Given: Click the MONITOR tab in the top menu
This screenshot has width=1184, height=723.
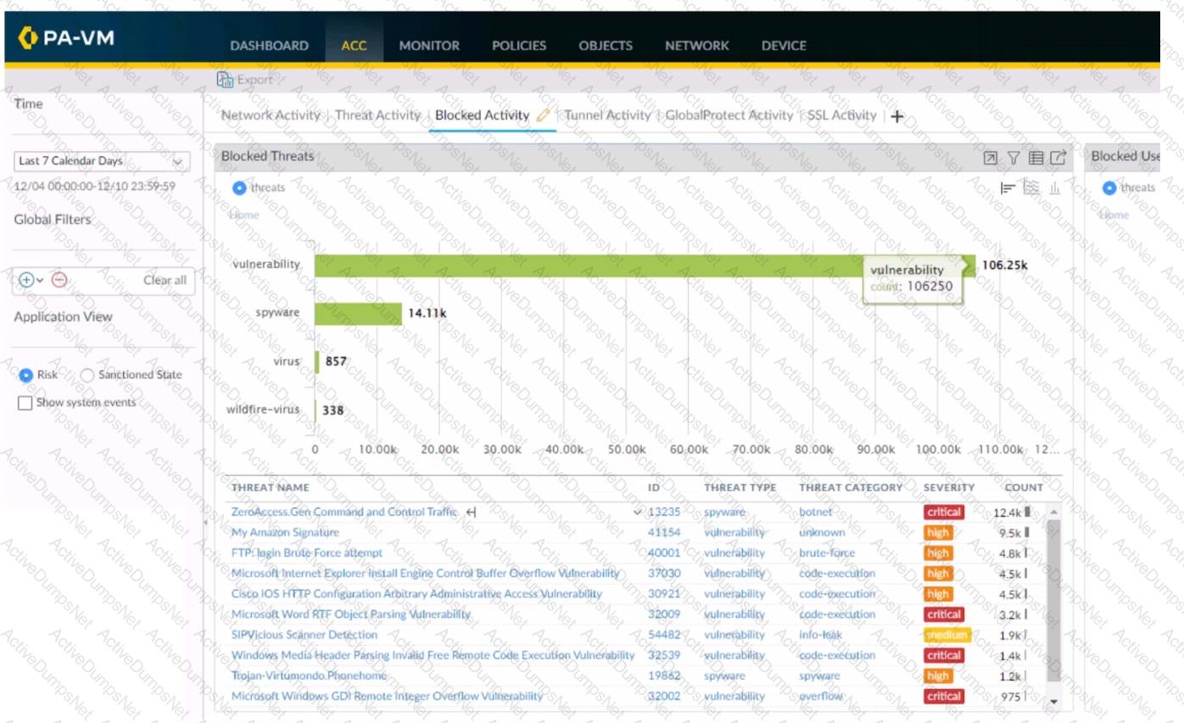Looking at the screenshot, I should click(429, 46).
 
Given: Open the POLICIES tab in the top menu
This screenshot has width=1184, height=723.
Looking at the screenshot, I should click(519, 46).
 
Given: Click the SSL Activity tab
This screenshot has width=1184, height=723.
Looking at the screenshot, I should click(841, 115).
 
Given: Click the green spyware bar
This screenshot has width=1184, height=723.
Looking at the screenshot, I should click(358, 313).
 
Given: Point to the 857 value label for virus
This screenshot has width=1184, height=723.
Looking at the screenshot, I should click(336, 361).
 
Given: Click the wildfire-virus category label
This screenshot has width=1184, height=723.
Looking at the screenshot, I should click(263, 410).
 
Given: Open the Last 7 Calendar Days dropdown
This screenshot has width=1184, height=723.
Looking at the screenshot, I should click(102, 161).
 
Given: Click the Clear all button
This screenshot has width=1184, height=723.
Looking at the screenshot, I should click(165, 281).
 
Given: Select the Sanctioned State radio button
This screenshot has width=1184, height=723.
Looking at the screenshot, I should click(88, 375).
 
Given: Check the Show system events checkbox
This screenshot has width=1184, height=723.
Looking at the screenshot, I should click(25, 403).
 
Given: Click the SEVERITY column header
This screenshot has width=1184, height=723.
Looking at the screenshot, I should click(949, 488).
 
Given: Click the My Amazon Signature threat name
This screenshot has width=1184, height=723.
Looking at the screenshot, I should click(285, 533).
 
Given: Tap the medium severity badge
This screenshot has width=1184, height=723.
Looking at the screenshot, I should click(946, 635).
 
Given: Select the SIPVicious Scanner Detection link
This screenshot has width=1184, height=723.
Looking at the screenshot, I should click(304, 635).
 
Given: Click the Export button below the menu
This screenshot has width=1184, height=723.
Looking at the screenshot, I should click(245, 80).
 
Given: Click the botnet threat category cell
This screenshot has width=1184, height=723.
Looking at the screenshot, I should click(816, 513).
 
